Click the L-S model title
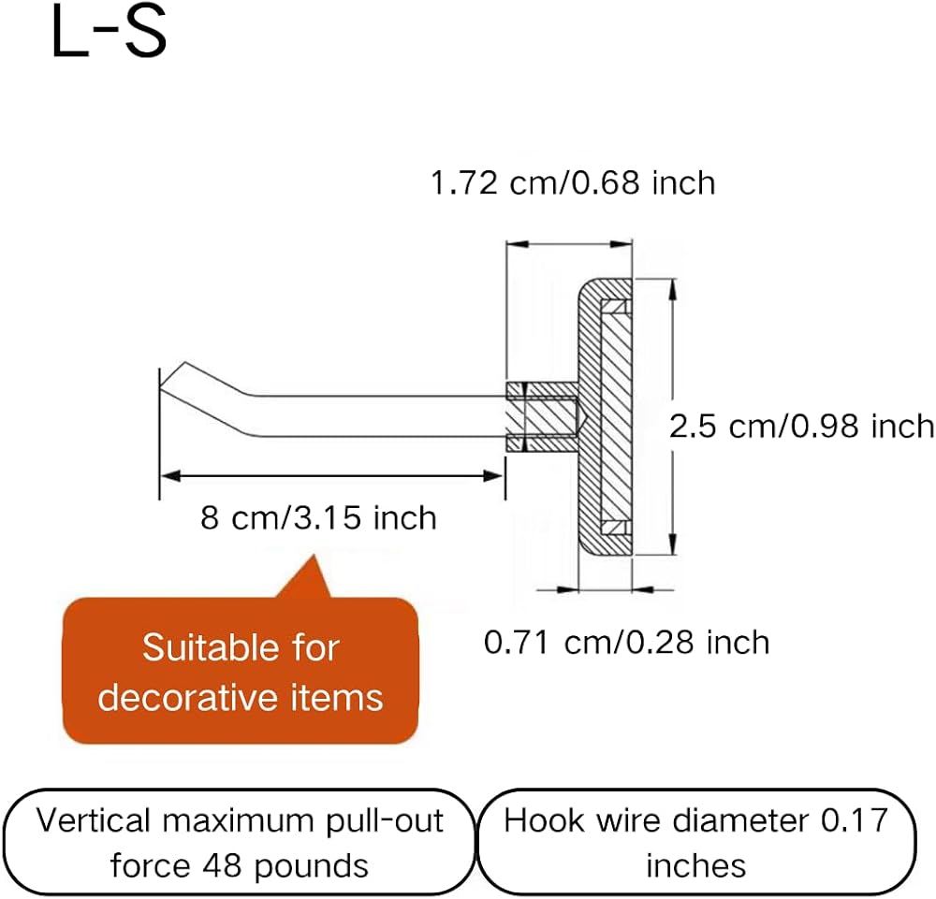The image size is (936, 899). (110, 34)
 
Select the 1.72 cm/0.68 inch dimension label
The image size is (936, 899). (573, 182)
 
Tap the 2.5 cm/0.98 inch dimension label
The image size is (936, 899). (801, 427)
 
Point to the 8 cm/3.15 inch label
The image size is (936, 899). (319, 517)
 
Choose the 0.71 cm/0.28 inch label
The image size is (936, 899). (627, 643)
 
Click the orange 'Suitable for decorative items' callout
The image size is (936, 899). (241, 671)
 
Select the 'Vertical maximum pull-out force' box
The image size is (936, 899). (240, 842)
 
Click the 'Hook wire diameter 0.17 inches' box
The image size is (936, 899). (696, 842)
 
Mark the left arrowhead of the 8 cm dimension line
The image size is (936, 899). (170, 476)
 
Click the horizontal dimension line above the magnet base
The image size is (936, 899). (569, 244)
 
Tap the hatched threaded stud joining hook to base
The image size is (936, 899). (542, 416)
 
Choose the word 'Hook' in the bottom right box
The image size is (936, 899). (543, 820)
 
